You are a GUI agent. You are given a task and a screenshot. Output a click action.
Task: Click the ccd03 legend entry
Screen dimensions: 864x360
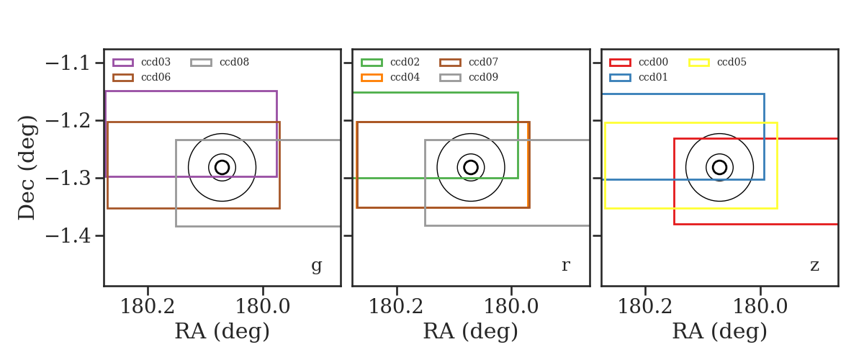(142, 62)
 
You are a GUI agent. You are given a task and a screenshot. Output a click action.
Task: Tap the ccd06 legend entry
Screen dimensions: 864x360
(142, 78)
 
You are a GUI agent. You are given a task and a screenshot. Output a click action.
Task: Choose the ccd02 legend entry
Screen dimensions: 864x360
(390, 62)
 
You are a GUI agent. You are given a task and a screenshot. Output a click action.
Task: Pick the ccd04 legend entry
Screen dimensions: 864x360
(390, 78)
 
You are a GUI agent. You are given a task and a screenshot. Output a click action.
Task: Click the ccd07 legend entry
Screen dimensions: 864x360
(469, 62)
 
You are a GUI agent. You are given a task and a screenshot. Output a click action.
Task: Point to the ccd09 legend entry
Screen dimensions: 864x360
(469, 78)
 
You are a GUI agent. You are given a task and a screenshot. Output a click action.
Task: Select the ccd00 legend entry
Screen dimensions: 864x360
(639, 62)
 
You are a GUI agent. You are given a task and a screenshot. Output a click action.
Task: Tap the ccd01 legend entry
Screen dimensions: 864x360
(639, 78)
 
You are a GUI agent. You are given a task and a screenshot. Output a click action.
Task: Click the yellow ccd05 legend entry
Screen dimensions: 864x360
(717, 62)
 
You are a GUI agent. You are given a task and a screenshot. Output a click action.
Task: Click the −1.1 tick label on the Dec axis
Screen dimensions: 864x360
(68, 63)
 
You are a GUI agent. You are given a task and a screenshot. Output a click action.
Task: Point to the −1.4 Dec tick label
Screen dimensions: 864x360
(68, 235)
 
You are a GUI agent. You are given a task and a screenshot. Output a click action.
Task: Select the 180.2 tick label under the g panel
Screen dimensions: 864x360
(148, 307)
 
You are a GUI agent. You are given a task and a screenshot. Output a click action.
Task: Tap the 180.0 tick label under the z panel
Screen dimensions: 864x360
(760, 307)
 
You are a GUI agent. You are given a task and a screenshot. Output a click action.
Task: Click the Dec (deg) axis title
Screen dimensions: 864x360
(27, 168)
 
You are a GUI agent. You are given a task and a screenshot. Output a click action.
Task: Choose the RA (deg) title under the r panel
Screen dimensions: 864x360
(471, 331)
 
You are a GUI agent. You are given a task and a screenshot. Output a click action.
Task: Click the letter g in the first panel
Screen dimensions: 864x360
(316, 266)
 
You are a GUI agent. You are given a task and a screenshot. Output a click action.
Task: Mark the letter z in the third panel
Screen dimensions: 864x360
(814, 266)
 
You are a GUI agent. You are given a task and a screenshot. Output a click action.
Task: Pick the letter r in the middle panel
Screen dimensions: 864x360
(566, 266)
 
